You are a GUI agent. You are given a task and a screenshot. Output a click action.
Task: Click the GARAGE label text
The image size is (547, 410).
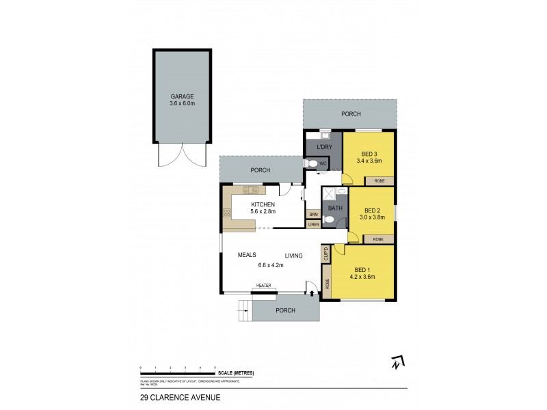(x=182, y=96)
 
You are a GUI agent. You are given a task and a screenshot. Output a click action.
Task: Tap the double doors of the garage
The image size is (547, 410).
(x=182, y=155)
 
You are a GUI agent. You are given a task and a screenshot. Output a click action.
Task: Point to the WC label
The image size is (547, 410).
(x=323, y=163)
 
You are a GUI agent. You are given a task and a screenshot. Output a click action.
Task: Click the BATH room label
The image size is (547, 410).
(x=335, y=208)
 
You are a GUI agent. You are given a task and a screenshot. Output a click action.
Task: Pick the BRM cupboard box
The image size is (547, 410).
(x=313, y=215)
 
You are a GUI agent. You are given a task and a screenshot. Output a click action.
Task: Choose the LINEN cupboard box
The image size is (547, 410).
(x=313, y=224)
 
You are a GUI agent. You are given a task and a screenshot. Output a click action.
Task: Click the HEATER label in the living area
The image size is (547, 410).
(x=264, y=286)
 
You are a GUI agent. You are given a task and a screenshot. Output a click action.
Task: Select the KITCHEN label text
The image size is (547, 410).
(x=263, y=205)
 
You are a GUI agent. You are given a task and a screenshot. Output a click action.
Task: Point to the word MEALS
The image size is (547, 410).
(x=247, y=255)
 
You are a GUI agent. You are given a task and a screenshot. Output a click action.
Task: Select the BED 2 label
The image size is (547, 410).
(x=372, y=210)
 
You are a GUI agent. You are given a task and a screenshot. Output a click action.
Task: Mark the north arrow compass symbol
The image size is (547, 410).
(x=396, y=363)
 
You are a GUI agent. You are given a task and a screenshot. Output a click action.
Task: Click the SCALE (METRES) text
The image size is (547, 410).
(x=236, y=372)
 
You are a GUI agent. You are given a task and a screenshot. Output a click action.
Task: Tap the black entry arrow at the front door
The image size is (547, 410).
(x=312, y=293)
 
